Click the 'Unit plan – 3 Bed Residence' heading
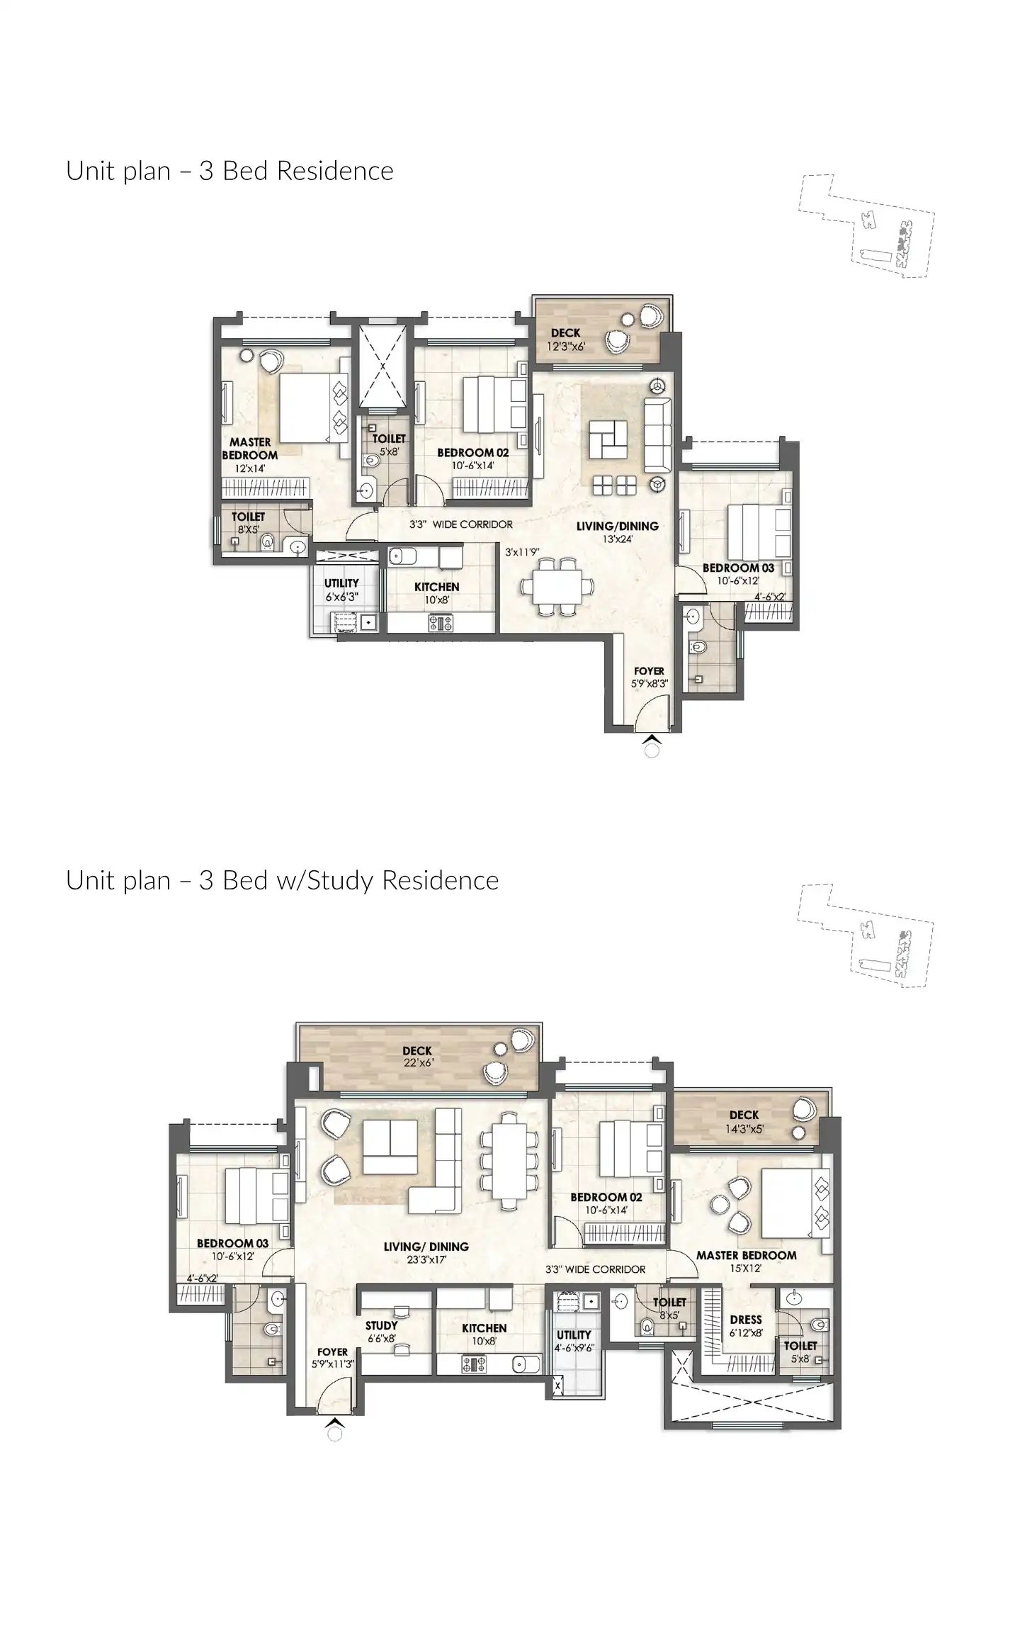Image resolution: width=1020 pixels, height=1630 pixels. coord(229,172)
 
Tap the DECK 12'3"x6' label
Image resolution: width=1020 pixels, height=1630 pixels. coord(565,339)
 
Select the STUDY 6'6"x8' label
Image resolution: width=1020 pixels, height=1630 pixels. coord(381,1332)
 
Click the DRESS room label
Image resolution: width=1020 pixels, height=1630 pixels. coord(745,1325)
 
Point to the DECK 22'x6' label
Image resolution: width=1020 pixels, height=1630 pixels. coord(417,1057)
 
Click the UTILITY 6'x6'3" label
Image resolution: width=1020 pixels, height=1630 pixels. coord(341,590)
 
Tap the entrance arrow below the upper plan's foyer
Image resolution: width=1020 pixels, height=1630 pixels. coord(652,741)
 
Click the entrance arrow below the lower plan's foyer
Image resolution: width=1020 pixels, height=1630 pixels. coord(336,1422)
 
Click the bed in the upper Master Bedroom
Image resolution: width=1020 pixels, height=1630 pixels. coord(306,409)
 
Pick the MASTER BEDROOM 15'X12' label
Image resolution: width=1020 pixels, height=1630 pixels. coord(746,1261)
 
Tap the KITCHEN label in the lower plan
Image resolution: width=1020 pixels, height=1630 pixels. coord(484,1334)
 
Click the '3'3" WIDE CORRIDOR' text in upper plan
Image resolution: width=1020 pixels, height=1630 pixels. coord(460,525)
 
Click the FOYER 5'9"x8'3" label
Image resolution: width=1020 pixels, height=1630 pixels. coord(649,678)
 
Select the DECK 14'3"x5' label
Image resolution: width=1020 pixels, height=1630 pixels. coord(744,1121)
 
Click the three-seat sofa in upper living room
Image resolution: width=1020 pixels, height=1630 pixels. coord(658,435)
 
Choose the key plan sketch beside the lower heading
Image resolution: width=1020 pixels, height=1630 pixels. coord(866,935)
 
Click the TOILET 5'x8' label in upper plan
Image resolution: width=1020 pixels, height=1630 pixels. coord(389,444)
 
